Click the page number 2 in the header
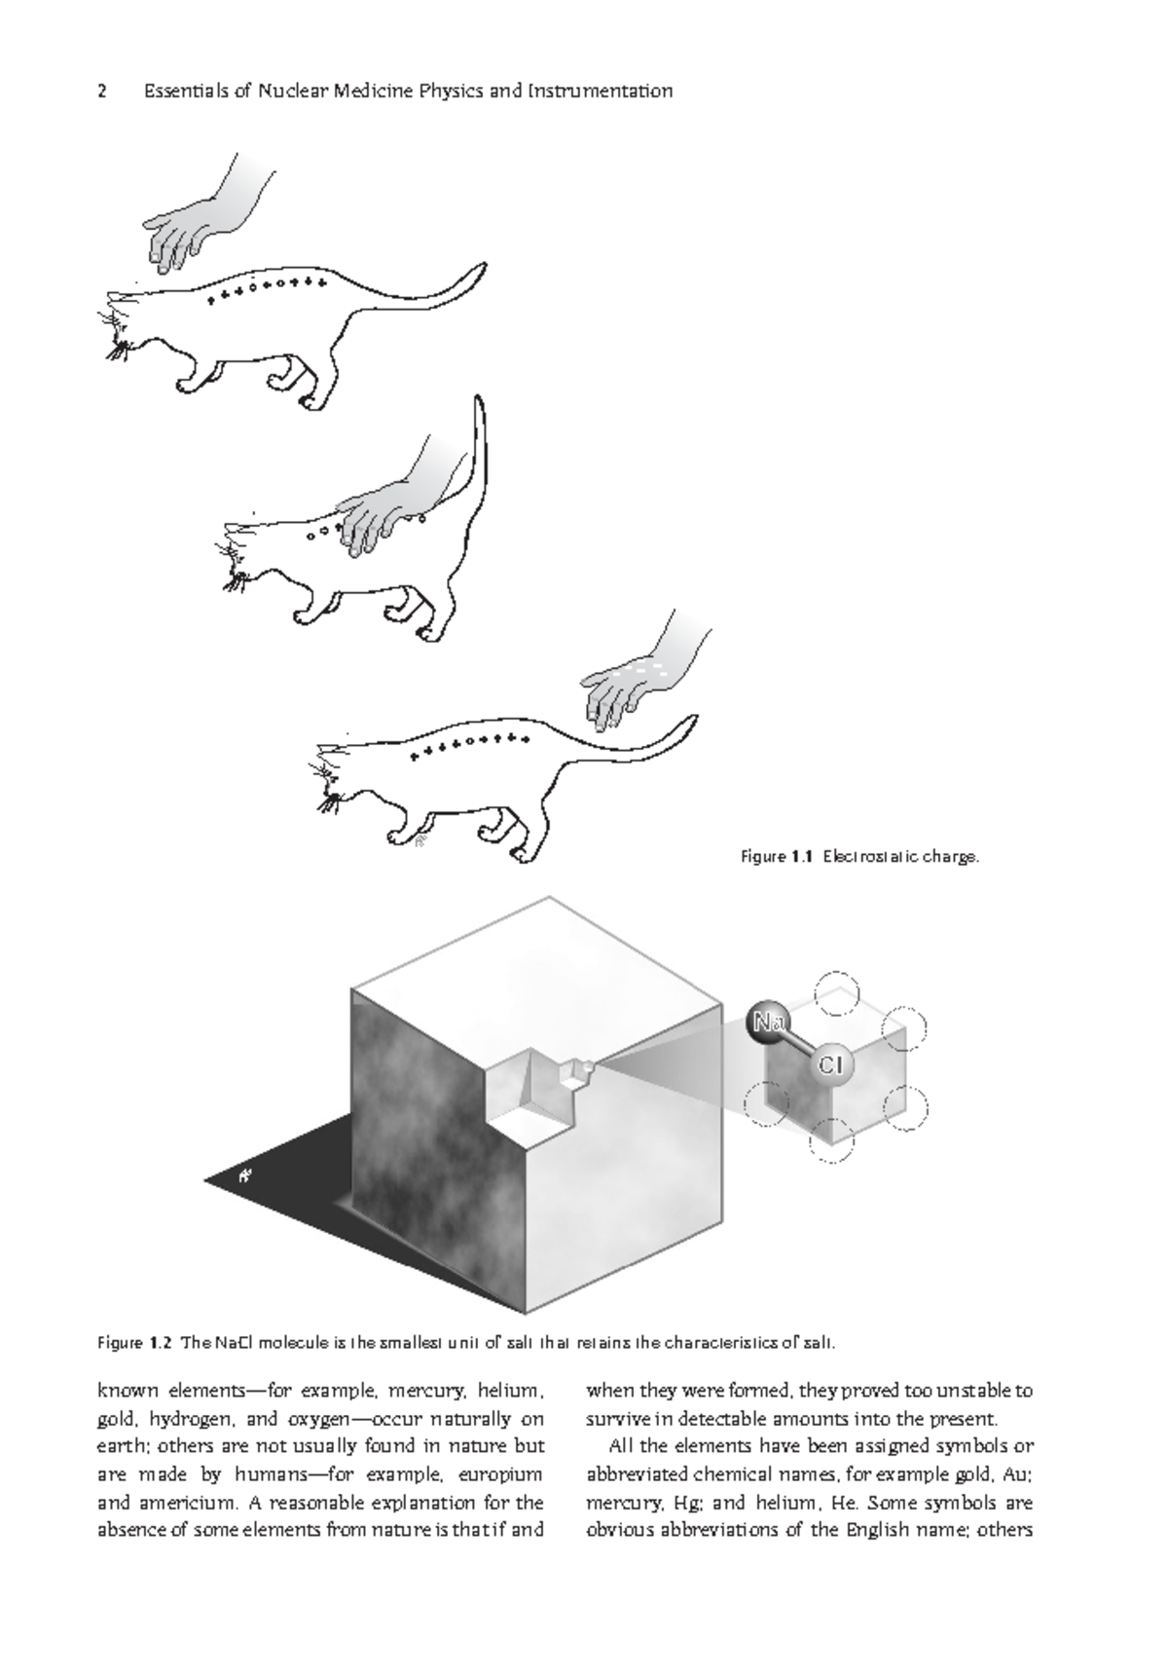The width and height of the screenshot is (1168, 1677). [101, 92]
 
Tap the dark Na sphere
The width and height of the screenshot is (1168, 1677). [769, 1022]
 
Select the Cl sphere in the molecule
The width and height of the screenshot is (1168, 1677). [829, 1064]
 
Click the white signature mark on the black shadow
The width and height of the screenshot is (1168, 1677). [246, 1175]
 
